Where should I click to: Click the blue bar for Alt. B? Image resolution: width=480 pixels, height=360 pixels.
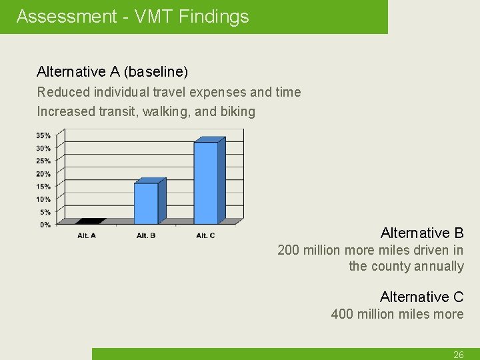(147, 203)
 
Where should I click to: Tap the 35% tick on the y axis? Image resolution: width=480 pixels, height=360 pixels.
(43, 135)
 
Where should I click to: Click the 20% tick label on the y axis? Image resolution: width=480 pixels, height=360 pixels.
(43, 174)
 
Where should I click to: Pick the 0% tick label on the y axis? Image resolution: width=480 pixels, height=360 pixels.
(44, 225)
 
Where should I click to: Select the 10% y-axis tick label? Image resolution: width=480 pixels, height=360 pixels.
(43, 199)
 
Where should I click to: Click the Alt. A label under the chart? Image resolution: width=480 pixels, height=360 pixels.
(87, 235)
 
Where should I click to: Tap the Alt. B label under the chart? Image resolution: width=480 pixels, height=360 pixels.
(146, 235)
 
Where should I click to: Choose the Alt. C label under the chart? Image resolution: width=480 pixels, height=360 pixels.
(205, 235)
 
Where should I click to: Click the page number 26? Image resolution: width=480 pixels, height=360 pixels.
(458, 355)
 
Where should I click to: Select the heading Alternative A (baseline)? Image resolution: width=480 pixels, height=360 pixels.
(112, 71)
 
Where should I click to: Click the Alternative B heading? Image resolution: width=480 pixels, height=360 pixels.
(421, 233)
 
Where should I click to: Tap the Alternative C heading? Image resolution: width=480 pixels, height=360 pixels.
(421, 297)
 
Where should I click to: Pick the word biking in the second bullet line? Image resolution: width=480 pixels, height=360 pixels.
(239, 111)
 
